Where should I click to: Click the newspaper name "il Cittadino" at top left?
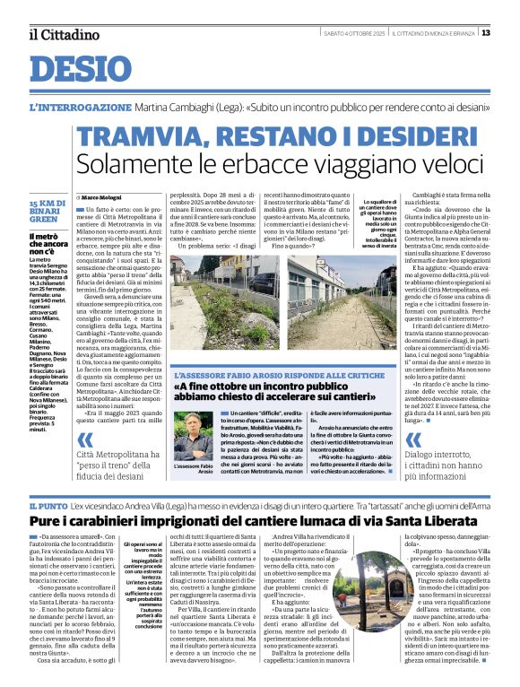click(x=62, y=34)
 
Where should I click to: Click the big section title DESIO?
click(x=82, y=70)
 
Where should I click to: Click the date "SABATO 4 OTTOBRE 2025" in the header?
click(x=342, y=34)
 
